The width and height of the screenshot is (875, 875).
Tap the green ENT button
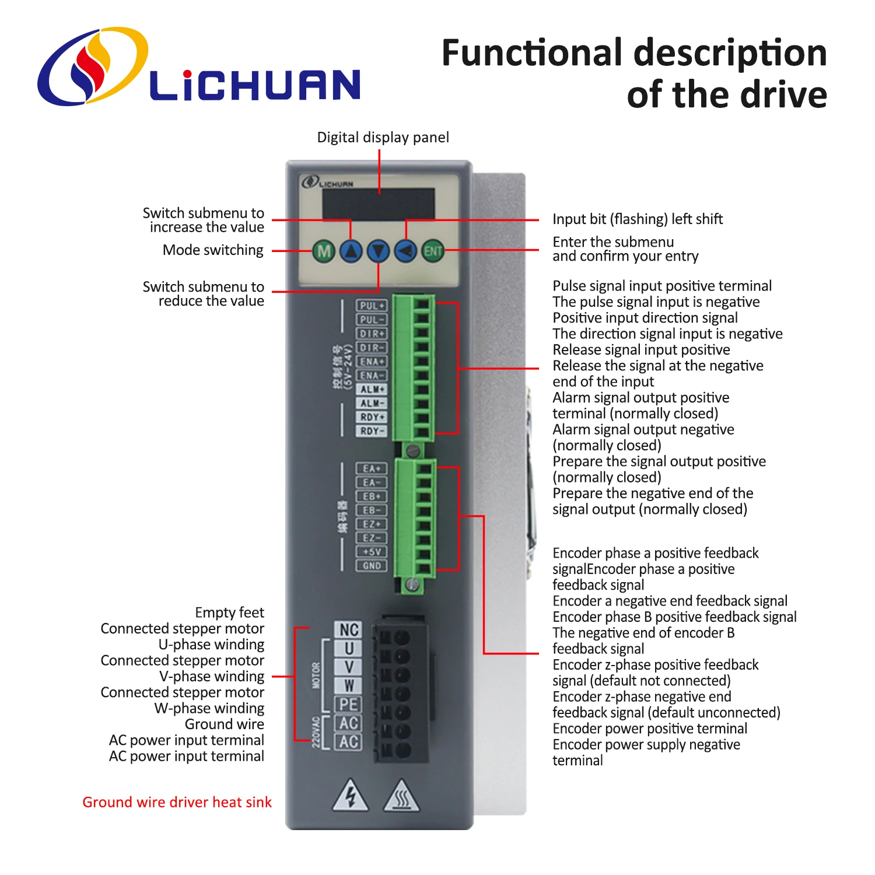point(433,251)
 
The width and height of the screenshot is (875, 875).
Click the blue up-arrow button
point(351,251)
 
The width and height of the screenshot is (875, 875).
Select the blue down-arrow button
point(379,251)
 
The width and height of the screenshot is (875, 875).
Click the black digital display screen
point(379,204)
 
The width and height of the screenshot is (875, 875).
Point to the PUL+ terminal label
point(372,306)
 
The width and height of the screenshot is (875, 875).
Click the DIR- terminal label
point(372,348)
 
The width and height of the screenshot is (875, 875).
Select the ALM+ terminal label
point(372,389)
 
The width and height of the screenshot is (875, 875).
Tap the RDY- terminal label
point(372,431)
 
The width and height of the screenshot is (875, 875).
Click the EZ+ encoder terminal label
point(372,524)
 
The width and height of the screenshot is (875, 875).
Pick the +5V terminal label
point(372,552)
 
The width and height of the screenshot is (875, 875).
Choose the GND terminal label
point(372,566)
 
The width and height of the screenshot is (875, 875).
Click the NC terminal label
point(349,630)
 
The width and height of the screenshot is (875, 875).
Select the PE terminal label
point(349,705)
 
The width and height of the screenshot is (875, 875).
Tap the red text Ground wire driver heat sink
point(177,802)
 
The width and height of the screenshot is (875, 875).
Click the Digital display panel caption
point(383,138)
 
